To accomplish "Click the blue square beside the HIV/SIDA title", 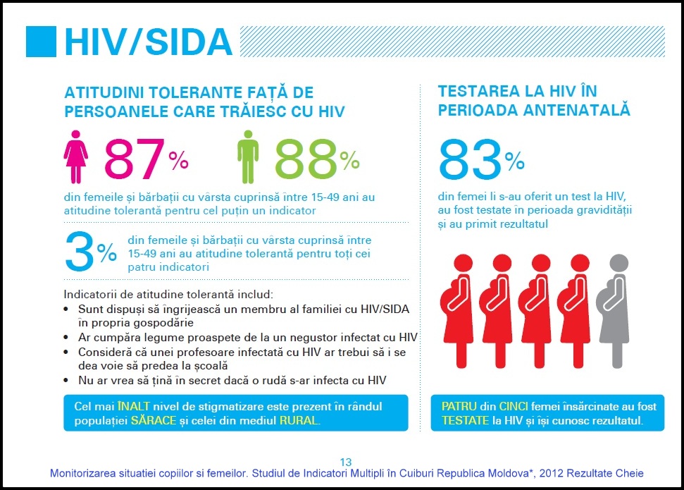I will (x=41, y=42).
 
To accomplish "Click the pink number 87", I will (x=135, y=159).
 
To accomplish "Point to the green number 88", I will (x=306, y=159).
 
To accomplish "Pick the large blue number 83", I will (x=470, y=159).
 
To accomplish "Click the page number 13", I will (x=346, y=463).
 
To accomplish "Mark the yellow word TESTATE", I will (x=466, y=420).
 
